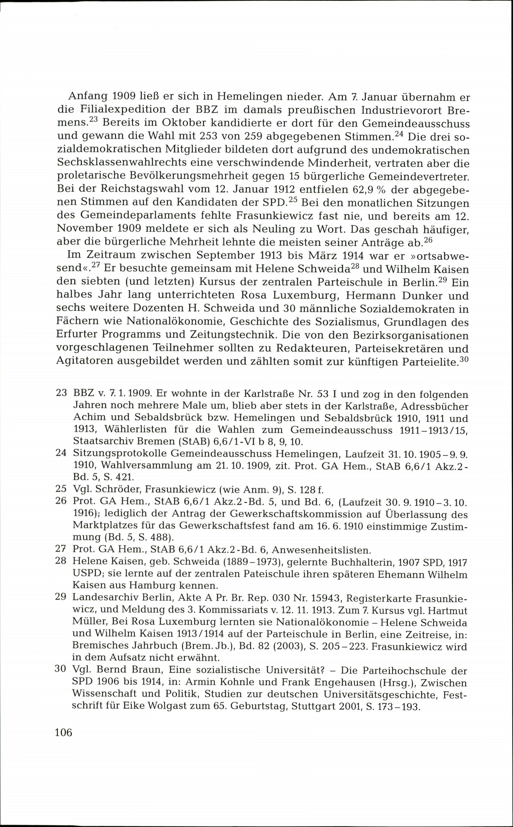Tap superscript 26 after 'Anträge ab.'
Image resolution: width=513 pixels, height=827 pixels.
click(429, 240)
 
